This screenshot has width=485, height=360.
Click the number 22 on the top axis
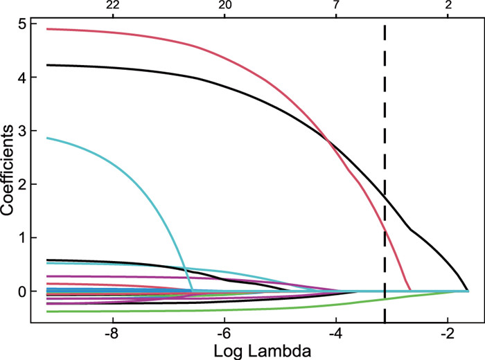click(113, 6)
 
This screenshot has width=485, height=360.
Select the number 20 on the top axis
click(224, 6)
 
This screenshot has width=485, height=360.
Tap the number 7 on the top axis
click(336, 6)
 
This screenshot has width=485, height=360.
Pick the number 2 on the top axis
click(448, 6)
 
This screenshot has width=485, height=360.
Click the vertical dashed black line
click(385, 104)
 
